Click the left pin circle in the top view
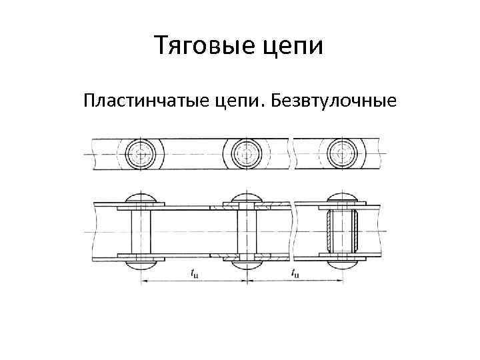141,155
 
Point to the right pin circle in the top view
343,155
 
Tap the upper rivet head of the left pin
141,198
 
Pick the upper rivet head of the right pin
343,198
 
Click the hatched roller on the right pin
343,231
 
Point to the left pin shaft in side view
141,231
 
